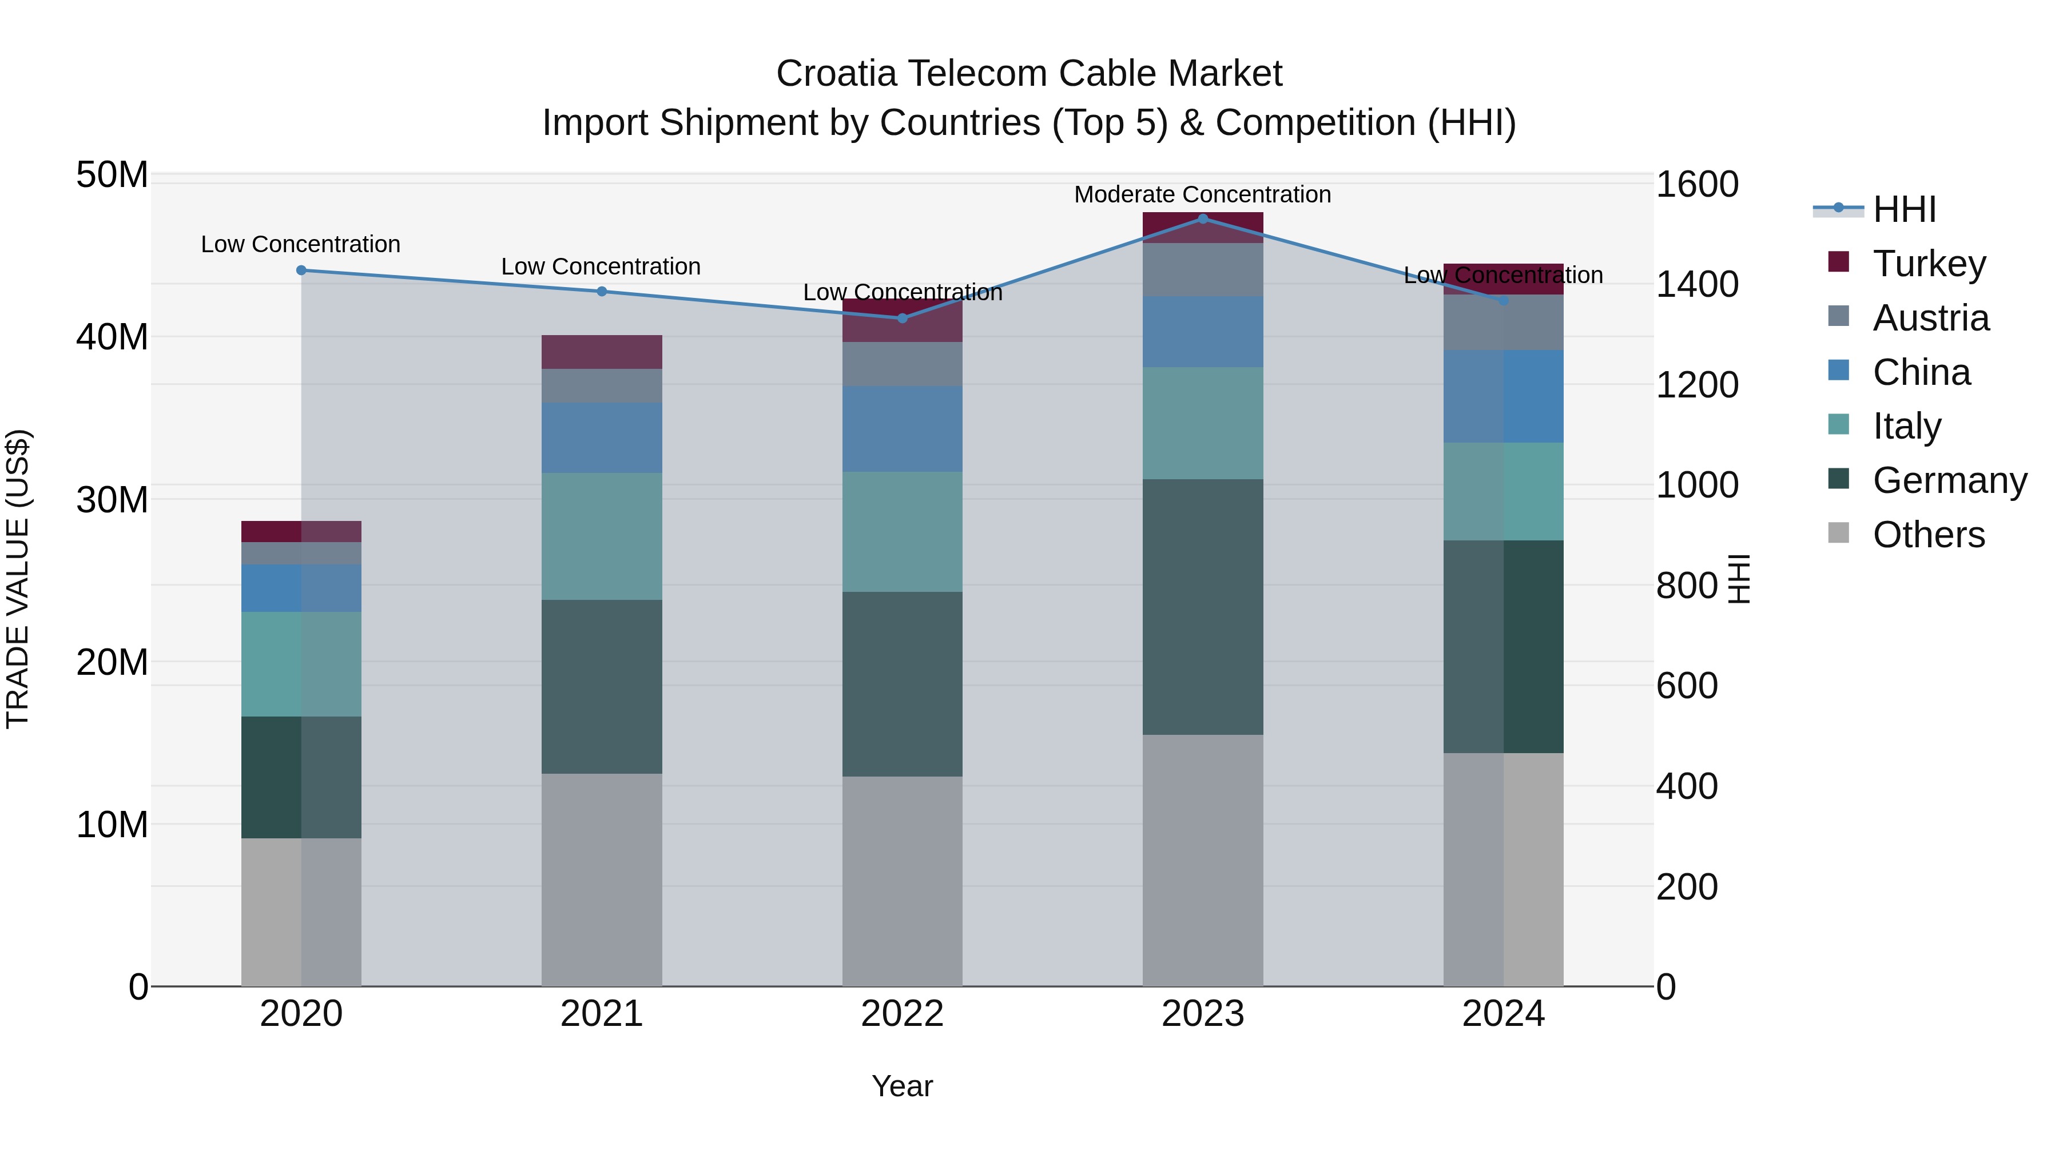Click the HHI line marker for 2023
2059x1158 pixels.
click(1203, 219)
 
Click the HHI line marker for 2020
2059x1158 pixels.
click(301, 270)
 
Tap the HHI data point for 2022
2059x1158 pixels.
click(903, 318)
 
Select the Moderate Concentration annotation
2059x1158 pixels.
click(1202, 194)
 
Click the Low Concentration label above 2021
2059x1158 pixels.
click(601, 266)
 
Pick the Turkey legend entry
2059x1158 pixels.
click(1929, 264)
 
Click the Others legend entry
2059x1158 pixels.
click(1928, 535)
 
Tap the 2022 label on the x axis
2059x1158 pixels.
click(903, 1014)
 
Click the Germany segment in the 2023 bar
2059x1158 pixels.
click(1203, 607)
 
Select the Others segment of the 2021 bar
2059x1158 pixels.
click(602, 879)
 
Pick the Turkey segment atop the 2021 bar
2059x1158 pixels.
click(602, 352)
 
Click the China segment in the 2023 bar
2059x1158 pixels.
click(1203, 332)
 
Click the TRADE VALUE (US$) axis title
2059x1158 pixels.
click(18, 579)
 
